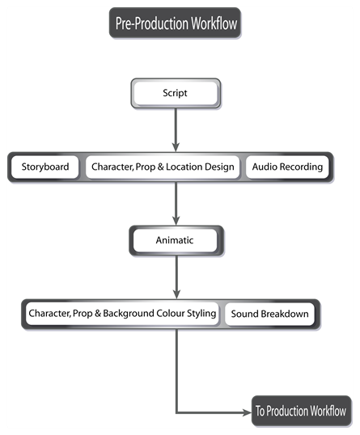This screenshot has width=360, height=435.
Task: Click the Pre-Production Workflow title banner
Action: point(175,23)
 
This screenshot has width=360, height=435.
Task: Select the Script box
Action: point(175,93)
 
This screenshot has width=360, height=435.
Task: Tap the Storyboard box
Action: point(45,167)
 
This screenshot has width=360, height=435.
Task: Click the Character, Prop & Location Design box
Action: point(163,167)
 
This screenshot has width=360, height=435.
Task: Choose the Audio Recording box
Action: point(287,167)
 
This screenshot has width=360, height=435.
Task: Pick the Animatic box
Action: point(175,240)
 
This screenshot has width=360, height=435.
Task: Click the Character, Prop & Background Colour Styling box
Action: point(121,313)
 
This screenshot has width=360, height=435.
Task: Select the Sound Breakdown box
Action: point(269,314)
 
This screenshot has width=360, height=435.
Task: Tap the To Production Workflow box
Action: point(301,411)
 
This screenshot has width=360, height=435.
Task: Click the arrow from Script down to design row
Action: point(176,129)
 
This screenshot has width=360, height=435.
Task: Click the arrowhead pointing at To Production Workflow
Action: point(247,412)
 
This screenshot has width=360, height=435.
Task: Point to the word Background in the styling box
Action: point(130,313)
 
